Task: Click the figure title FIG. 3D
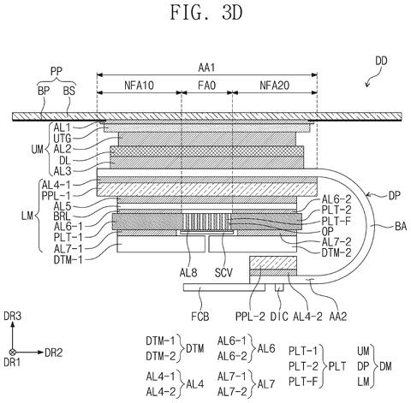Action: click(206, 13)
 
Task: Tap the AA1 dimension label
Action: click(206, 68)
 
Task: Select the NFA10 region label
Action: click(139, 86)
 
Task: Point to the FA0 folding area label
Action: click(207, 86)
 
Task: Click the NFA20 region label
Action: click(275, 86)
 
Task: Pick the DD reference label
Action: click(381, 61)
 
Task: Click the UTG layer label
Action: click(63, 139)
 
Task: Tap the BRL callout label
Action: click(62, 216)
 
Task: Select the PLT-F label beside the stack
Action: click(337, 221)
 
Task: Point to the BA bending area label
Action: click(401, 227)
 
